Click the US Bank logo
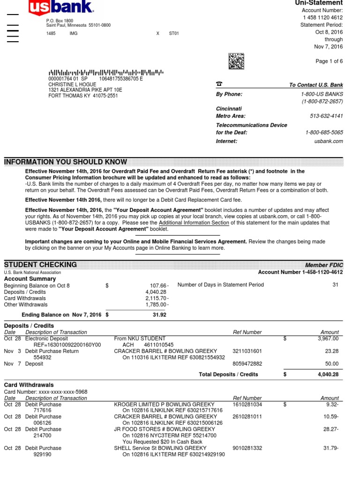(x=61, y=7)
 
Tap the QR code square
(x=236, y=61)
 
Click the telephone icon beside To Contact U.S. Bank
(x=219, y=84)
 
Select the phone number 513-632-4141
(x=326, y=116)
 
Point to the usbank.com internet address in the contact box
(x=332, y=141)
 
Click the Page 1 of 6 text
(x=329, y=61)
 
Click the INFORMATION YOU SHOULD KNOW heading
(x=66, y=162)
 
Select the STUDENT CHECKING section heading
(x=40, y=265)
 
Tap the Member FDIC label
(x=324, y=265)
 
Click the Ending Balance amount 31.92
(x=159, y=315)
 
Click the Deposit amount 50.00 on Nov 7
(x=331, y=364)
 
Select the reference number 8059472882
(x=248, y=364)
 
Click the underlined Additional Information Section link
(x=194, y=223)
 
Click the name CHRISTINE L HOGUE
(x=72, y=84)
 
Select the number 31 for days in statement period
(x=335, y=285)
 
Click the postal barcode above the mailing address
(x=106, y=73)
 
